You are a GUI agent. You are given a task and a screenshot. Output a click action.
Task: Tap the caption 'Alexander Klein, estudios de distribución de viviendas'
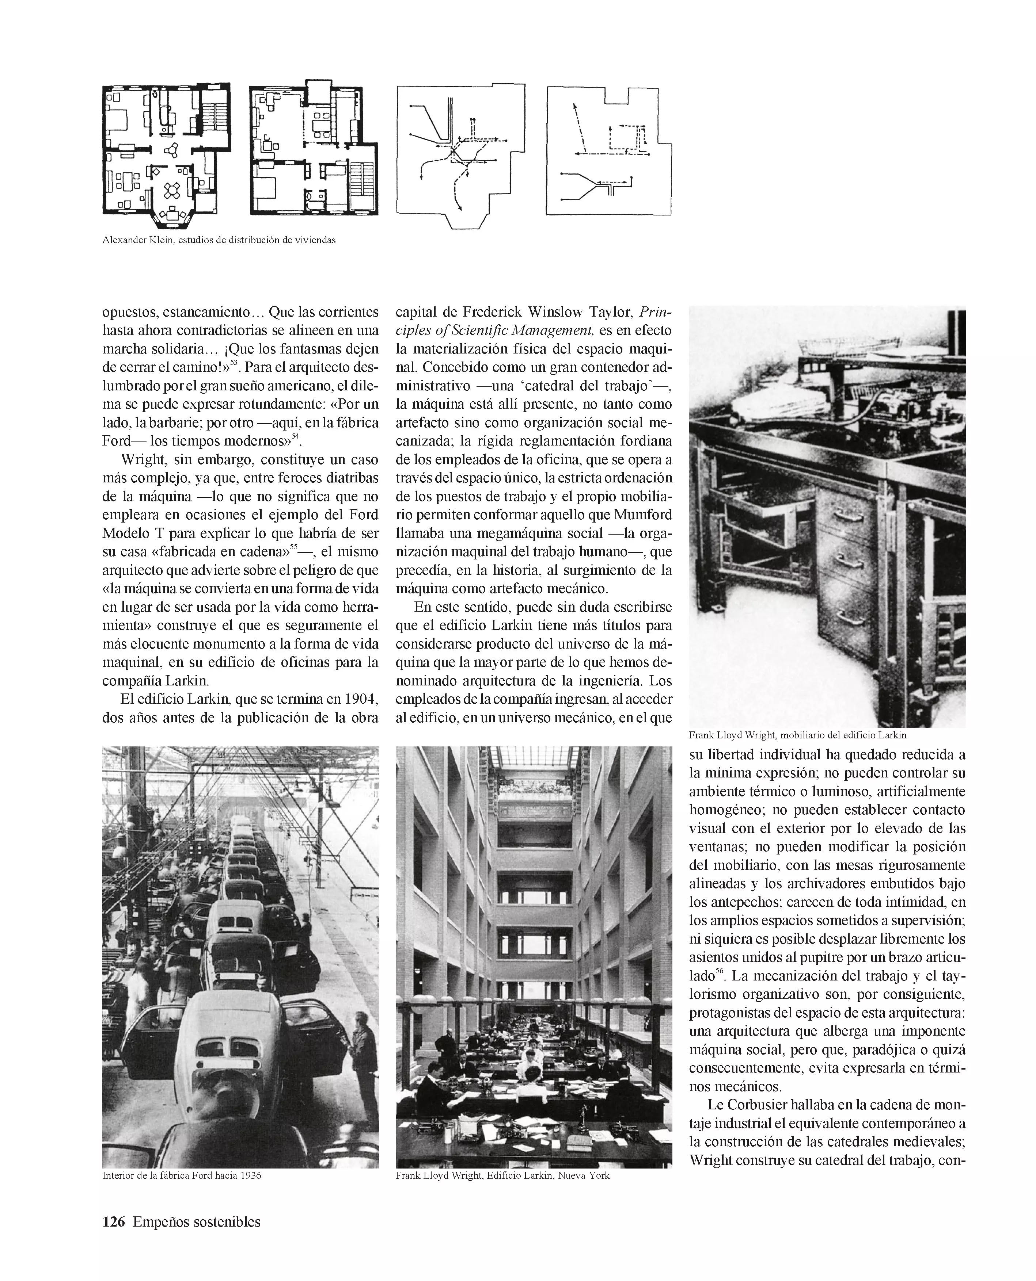(x=219, y=240)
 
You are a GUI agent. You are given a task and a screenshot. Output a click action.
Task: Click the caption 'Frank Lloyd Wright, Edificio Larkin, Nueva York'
(x=502, y=1175)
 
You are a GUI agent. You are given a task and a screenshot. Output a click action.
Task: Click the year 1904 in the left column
(x=360, y=698)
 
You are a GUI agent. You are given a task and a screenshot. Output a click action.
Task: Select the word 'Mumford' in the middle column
(x=643, y=515)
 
